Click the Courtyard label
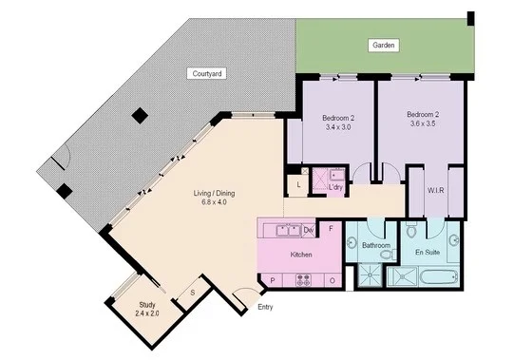pyautogui.click(x=207, y=73)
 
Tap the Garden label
pyautogui.click(x=384, y=46)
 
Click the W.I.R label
pyautogui.click(x=437, y=190)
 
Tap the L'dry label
pyautogui.click(x=334, y=187)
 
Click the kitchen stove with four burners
pyautogui.click(x=306, y=280)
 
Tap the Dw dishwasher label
pyautogui.click(x=309, y=231)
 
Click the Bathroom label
pyautogui.click(x=376, y=246)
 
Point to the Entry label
pyautogui.click(x=265, y=307)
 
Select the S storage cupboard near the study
pyautogui.click(x=193, y=293)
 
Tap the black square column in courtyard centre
pyautogui.click(x=140, y=115)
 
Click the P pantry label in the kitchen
pyautogui.click(x=274, y=281)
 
